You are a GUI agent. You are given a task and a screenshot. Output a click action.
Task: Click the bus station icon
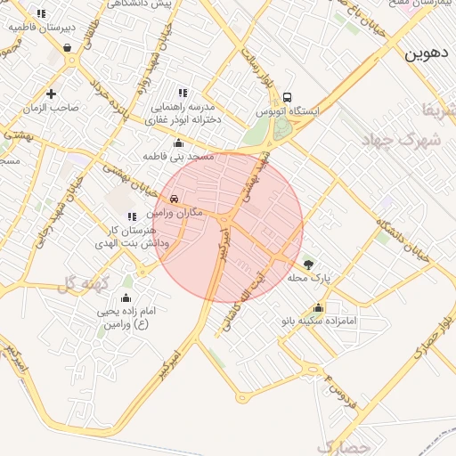coord(287,98)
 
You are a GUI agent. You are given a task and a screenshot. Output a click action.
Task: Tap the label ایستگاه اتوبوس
coord(287,113)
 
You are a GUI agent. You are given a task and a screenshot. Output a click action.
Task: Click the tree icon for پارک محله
coord(308,264)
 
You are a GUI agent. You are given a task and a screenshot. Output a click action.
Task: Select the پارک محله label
coord(308,278)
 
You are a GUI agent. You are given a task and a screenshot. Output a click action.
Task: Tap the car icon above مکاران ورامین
coord(174,199)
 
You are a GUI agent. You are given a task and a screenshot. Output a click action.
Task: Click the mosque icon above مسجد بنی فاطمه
coord(178,142)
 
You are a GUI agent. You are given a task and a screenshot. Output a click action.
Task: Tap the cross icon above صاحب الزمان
coord(51,94)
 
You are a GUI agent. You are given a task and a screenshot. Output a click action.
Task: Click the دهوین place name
coord(426,53)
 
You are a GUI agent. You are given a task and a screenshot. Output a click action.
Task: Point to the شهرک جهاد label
coord(403,140)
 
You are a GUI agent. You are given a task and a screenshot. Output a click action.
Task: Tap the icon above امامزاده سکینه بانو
coord(319,307)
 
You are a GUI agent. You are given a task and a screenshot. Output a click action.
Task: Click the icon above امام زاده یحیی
coord(126,297)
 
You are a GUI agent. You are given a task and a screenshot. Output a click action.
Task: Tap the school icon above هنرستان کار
coord(132,216)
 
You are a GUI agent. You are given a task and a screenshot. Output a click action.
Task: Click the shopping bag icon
coord(68,48)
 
